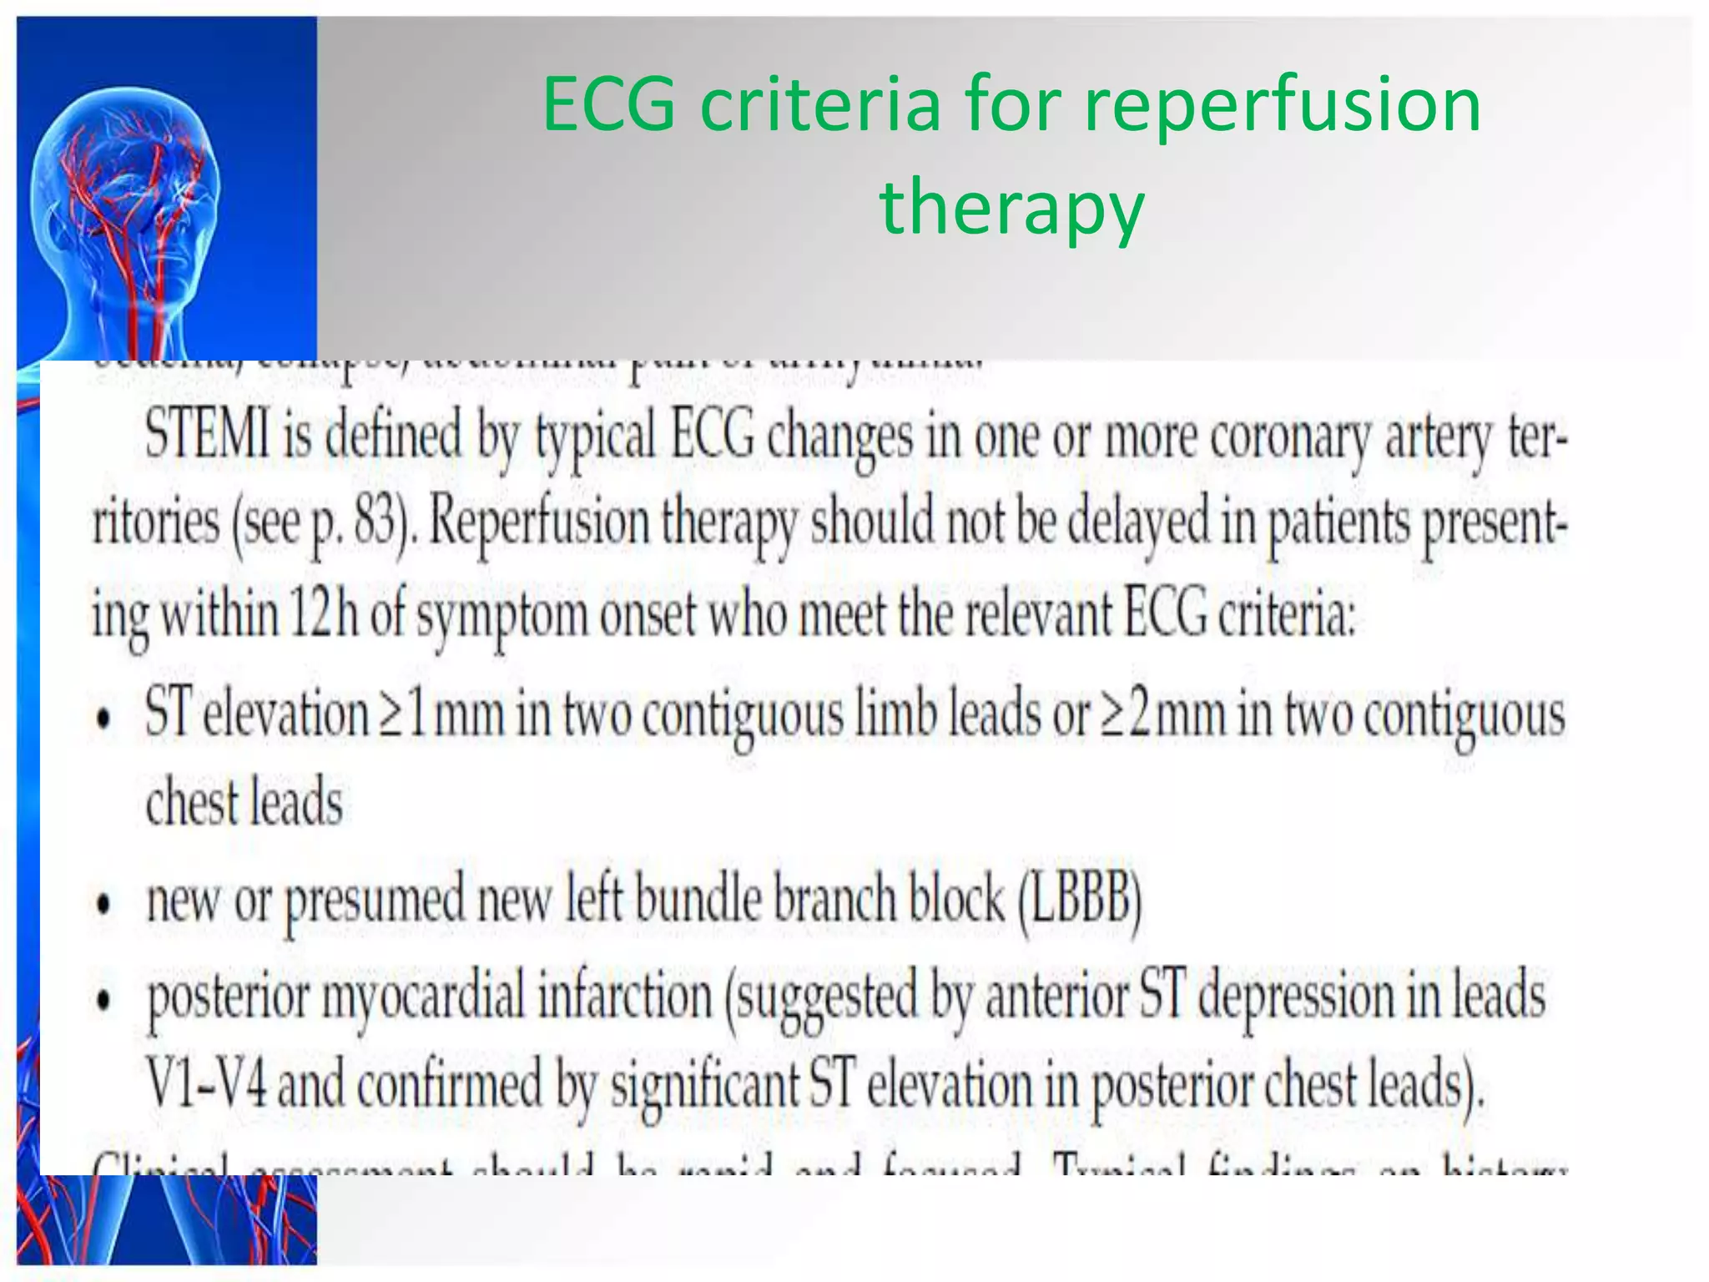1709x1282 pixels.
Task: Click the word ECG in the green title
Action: pos(608,104)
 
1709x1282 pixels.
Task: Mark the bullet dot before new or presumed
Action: pos(103,905)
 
